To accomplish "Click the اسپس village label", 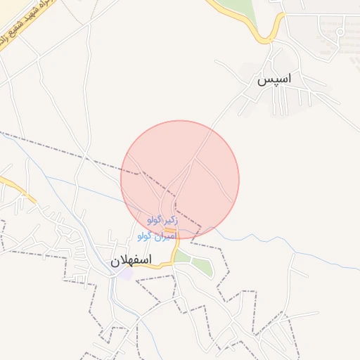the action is click(274, 80).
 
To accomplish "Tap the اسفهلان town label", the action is click(131, 261).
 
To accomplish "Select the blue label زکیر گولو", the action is click(162, 221).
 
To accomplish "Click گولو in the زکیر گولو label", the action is click(155, 221).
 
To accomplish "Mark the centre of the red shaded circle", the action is click(180, 180).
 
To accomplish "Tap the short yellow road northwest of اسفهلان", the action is click(15, 188).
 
